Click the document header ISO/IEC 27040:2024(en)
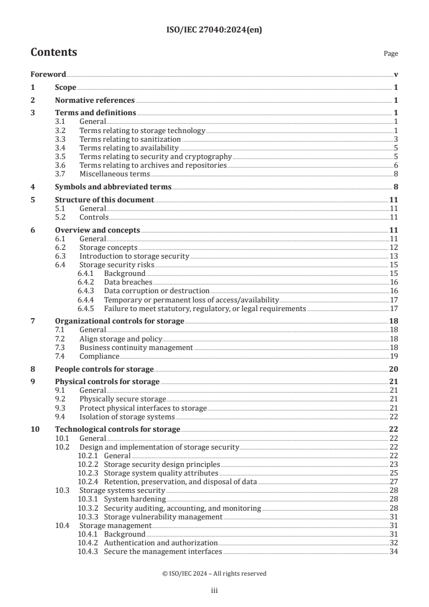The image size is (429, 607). point(214,31)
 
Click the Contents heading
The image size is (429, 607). point(54,52)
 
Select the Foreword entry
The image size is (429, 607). point(48,74)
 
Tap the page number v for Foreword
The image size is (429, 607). point(396,74)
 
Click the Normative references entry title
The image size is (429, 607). point(95,100)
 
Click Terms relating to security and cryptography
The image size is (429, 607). point(155,156)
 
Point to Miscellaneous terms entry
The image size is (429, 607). point(114,174)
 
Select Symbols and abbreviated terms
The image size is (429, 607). point(113,187)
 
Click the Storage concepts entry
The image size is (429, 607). point(108,247)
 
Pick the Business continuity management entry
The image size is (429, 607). point(136,347)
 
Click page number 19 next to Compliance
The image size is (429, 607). point(394,356)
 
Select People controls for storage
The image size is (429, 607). point(104,369)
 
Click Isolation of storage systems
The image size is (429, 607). point(127,417)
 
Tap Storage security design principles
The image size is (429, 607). point(162,464)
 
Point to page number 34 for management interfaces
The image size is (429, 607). point(394,551)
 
